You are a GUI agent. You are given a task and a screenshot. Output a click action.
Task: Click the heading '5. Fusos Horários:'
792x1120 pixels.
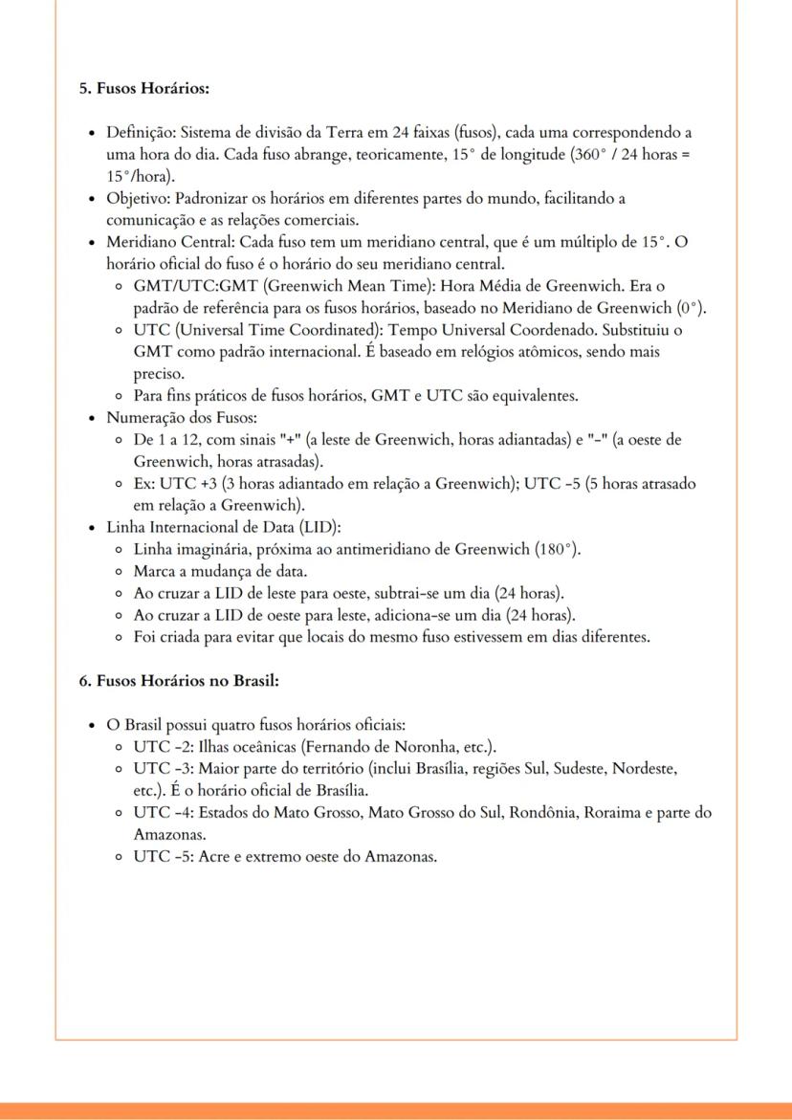click(x=143, y=88)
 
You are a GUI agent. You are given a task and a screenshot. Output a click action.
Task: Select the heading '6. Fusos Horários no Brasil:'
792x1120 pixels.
click(x=178, y=681)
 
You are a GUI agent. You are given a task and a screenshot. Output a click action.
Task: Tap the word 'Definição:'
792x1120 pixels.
click(x=141, y=132)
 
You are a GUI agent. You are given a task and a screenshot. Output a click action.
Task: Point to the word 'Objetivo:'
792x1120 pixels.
click(x=138, y=198)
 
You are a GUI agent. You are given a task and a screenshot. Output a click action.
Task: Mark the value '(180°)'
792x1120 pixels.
click(x=558, y=550)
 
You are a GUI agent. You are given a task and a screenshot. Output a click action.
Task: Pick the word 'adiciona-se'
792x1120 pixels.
click(x=412, y=616)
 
